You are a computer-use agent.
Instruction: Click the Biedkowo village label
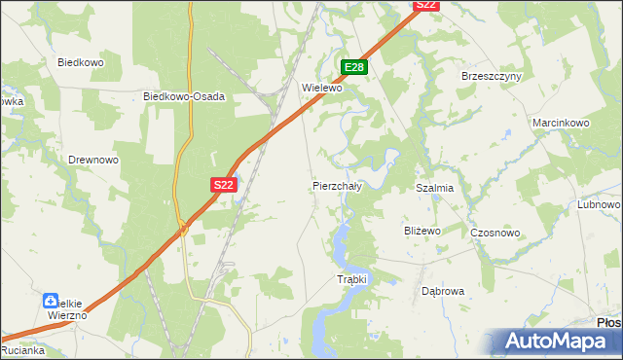tap(81, 62)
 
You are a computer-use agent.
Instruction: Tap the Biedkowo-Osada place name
tap(184, 96)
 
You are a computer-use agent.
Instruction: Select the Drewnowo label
tap(92, 160)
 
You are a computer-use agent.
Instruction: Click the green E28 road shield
tap(354, 67)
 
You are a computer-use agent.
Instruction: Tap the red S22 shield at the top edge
tap(426, 5)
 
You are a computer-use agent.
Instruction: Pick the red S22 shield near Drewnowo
tap(223, 184)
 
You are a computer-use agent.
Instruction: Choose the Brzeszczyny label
tap(492, 76)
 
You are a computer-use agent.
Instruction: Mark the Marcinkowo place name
tap(562, 124)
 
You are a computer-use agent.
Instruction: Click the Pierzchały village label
tap(337, 185)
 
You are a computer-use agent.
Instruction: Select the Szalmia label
tap(434, 188)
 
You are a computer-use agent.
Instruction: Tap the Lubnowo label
tap(599, 205)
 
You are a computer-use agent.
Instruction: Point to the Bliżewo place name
tap(422, 231)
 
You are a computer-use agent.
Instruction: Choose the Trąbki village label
tap(351, 279)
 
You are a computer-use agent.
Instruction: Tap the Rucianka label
tap(20, 351)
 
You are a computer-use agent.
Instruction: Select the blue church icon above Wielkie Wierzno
tap(52, 302)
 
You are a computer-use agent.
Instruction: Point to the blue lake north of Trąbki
tap(341, 248)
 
